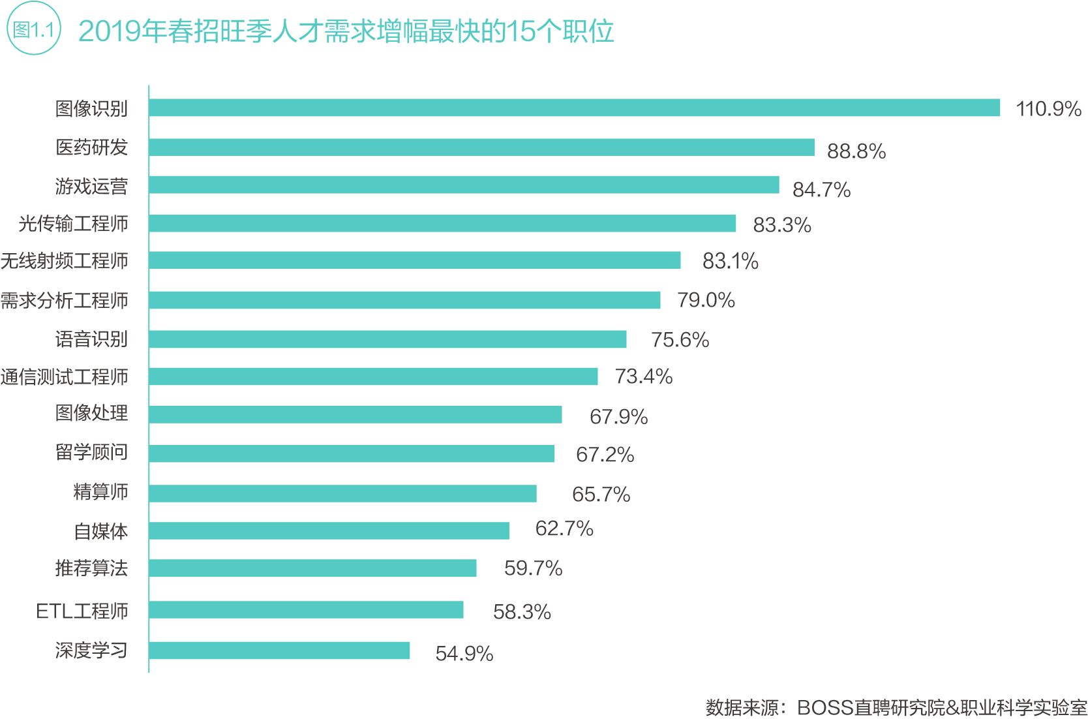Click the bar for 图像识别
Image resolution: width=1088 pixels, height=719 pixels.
point(574,108)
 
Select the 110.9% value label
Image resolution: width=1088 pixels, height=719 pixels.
point(1048,108)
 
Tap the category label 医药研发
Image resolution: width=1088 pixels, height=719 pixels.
point(91,147)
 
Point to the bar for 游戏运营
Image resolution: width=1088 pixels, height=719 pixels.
point(464,185)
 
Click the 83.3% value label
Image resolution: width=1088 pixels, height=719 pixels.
point(781,225)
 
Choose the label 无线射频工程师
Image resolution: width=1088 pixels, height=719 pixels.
point(64,261)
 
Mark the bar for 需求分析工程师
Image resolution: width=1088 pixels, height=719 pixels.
point(404,300)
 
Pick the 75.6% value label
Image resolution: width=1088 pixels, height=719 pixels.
point(680,339)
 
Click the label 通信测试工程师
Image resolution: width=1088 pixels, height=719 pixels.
point(64,377)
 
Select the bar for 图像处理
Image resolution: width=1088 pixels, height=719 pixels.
point(355,414)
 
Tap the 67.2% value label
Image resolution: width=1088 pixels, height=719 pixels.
point(605,454)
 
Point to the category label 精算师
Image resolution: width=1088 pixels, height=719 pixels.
point(100,492)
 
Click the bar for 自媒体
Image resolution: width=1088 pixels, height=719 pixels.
point(329,530)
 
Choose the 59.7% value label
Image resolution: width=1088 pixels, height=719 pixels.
point(533,568)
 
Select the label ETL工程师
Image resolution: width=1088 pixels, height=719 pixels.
point(82,611)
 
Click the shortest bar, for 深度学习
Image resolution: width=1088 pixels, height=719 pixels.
point(279,650)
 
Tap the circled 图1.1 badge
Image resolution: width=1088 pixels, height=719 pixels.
point(33,29)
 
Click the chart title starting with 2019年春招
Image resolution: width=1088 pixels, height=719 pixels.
point(346,31)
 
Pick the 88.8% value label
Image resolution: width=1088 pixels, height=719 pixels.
point(856,151)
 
